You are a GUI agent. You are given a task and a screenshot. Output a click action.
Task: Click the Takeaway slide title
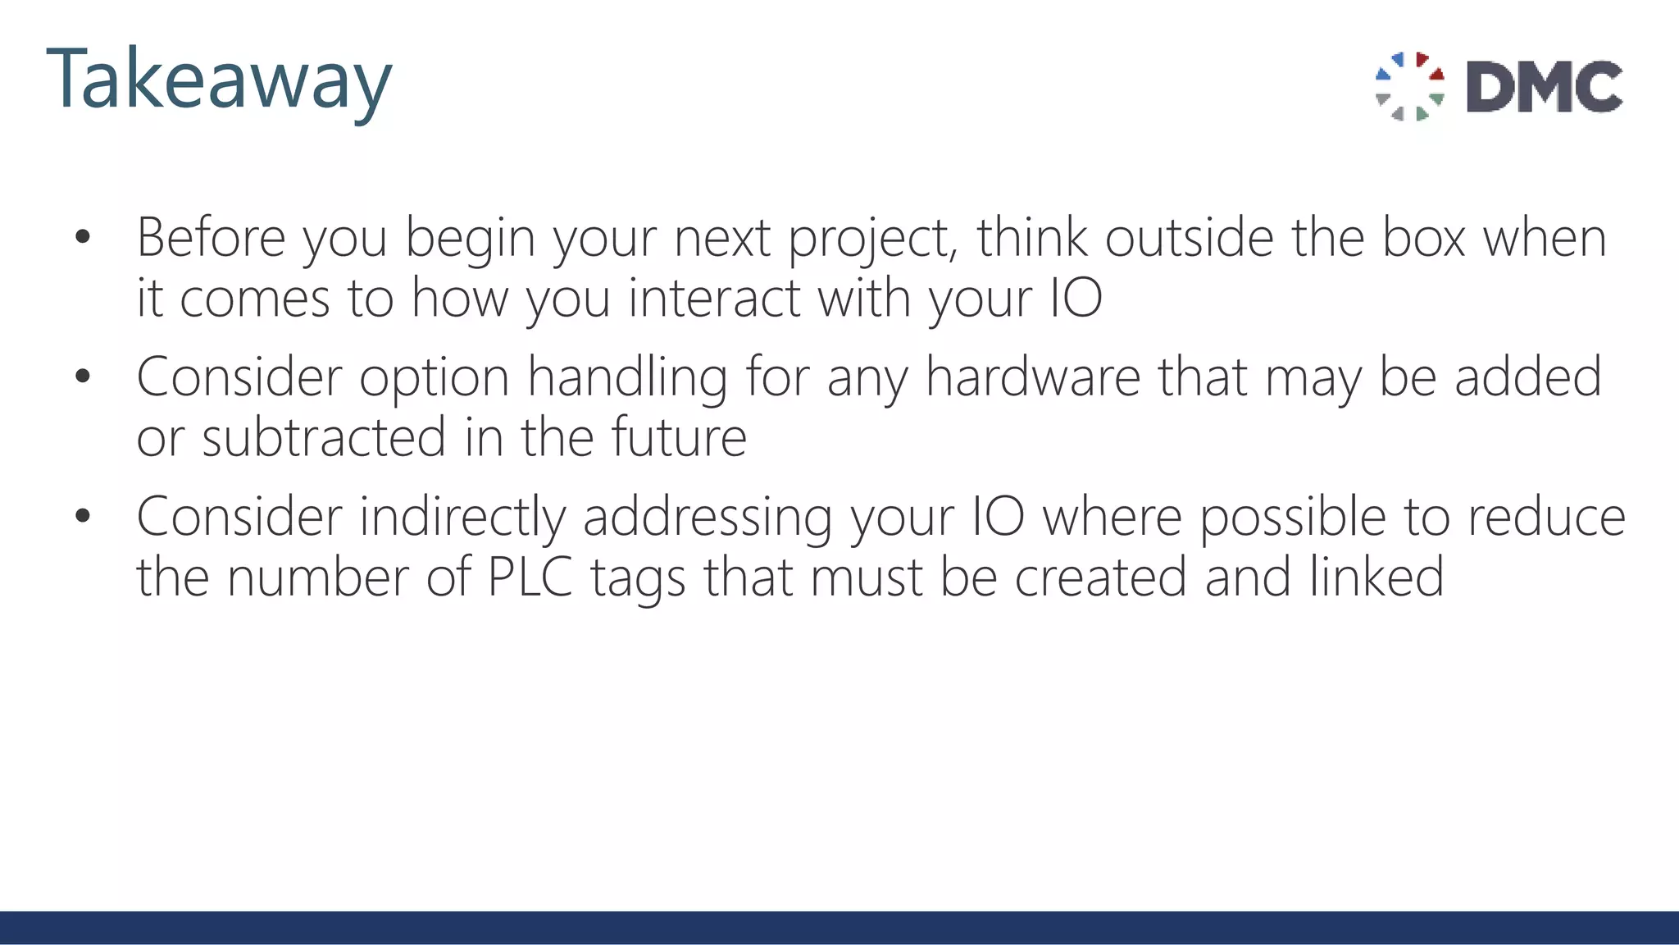coord(219,80)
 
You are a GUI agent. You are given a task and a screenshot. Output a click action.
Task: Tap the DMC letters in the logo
coord(1545,86)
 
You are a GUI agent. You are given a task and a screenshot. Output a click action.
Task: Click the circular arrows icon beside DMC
coord(1409,86)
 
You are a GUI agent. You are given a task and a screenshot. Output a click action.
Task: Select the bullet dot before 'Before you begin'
coord(82,238)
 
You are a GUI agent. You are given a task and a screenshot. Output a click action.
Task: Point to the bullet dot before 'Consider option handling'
coord(82,377)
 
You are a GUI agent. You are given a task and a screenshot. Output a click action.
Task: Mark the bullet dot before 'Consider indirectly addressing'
coord(82,517)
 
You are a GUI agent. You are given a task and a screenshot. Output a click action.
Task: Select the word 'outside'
coord(1190,238)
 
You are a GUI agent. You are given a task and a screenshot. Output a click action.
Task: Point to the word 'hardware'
coord(1033,377)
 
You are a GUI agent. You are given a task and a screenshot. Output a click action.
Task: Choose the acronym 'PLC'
coord(530,577)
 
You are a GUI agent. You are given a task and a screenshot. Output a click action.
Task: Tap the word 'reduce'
coord(1546,518)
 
